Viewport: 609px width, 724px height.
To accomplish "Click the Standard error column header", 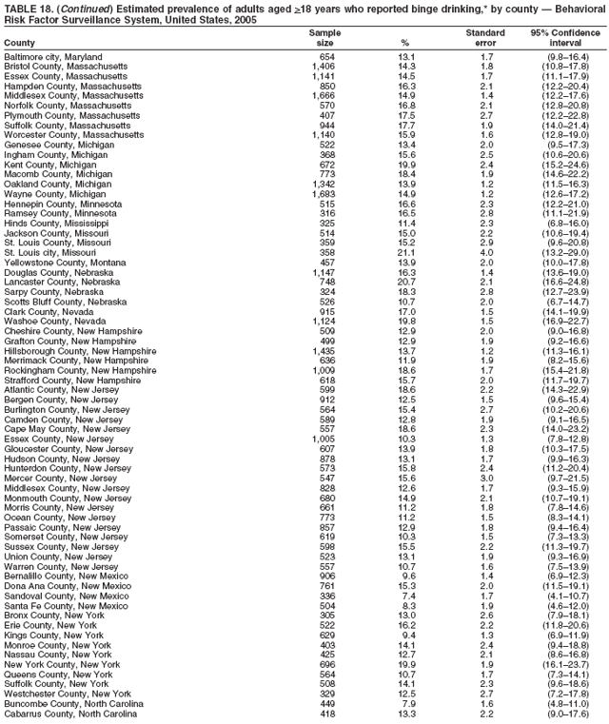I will tap(485, 38).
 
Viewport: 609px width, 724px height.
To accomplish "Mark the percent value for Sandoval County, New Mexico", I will tap(406, 596).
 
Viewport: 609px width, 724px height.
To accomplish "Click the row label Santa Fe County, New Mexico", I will tap(62, 605).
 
